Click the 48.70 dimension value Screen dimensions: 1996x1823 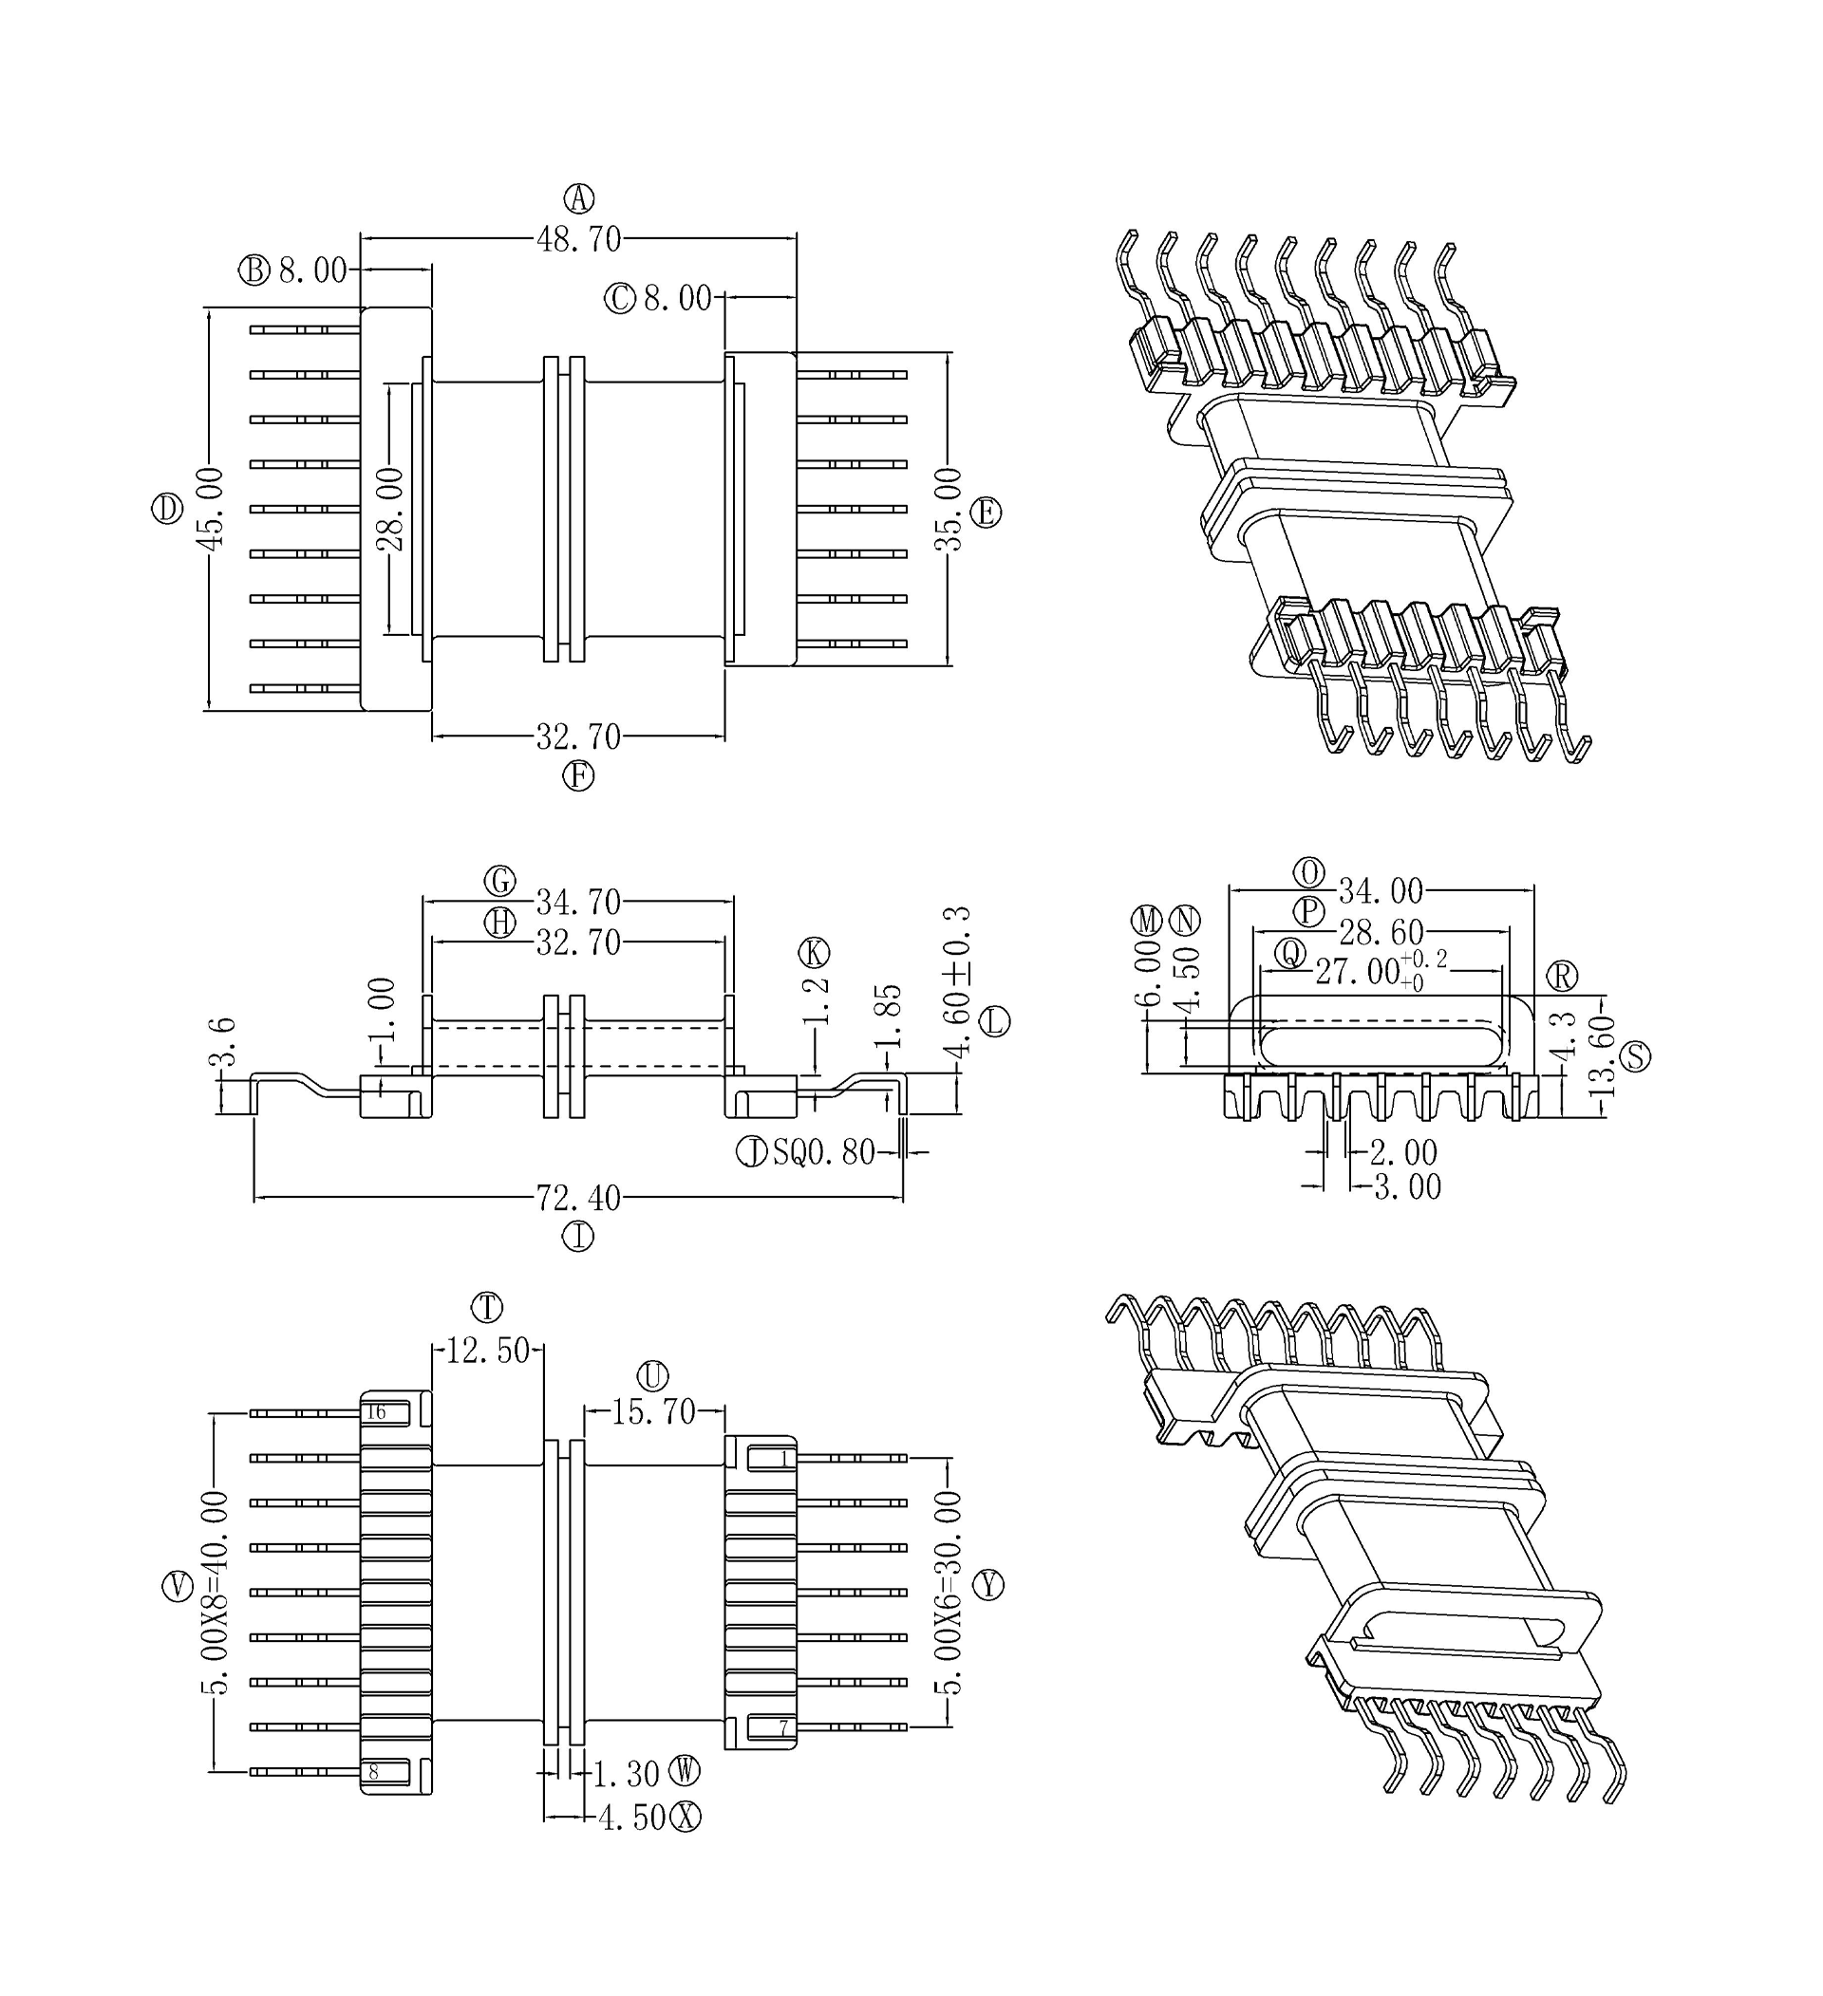(x=578, y=239)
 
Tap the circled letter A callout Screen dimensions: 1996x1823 (x=578, y=198)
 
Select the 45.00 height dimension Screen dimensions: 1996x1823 (x=210, y=507)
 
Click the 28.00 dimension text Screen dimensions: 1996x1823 (x=390, y=509)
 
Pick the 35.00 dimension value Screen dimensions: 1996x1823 (x=948, y=509)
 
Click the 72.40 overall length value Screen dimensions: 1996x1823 (x=578, y=1198)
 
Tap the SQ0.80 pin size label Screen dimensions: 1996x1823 (x=824, y=1151)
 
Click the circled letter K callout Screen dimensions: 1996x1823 (x=814, y=953)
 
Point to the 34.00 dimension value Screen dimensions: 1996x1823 (x=1381, y=891)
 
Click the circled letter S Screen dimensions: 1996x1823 (x=1635, y=1056)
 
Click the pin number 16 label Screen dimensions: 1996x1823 (x=375, y=1412)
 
